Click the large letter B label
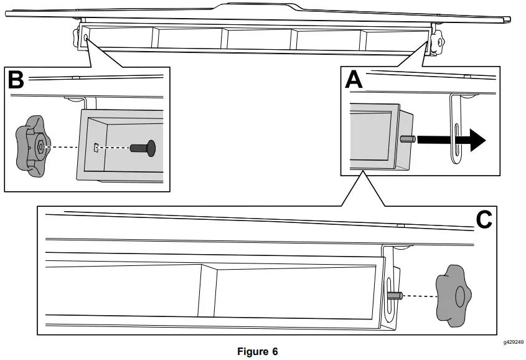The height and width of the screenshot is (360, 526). (16, 80)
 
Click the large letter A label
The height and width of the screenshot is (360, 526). (354, 80)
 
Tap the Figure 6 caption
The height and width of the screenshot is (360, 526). (257, 351)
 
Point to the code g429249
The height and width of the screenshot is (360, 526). (514, 342)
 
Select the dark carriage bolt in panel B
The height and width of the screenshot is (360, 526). (143, 148)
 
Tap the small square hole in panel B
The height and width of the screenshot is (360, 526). (95, 148)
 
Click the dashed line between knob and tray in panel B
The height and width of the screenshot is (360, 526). (68, 148)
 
